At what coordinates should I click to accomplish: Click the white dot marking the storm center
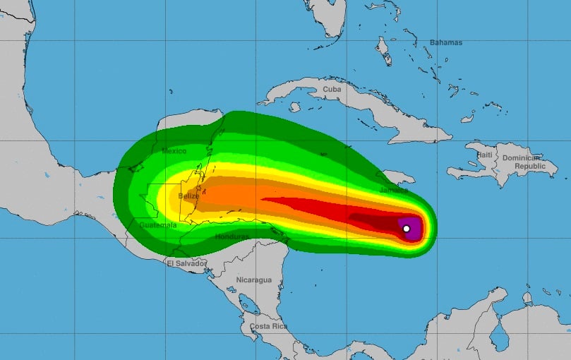(x=406, y=228)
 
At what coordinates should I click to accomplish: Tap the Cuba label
(x=331, y=89)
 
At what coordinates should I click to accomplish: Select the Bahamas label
(x=446, y=43)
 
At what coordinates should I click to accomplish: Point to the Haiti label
(x=484, y=155)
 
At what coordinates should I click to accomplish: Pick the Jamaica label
(x=393, y=190)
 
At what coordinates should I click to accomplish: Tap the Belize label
(x=188, y=196)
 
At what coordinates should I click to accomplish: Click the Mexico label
(x=173, y=151)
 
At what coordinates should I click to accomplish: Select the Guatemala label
(x=157, y=224)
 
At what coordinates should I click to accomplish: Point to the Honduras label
(x=232, y=236)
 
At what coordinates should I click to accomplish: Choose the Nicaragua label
(x=253, y=280)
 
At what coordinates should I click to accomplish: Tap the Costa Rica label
(x=268, y=326)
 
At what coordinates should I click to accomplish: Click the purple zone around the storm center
(x=414, y=228)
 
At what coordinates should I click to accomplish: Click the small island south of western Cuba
(x=294, y=107)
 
